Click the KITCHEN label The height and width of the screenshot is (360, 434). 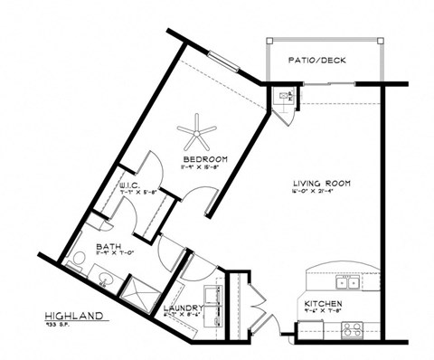click(x=322, y=303)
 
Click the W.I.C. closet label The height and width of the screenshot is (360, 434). click(x=129, y=185)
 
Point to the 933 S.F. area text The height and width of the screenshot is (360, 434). click(x=59, y=327)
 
